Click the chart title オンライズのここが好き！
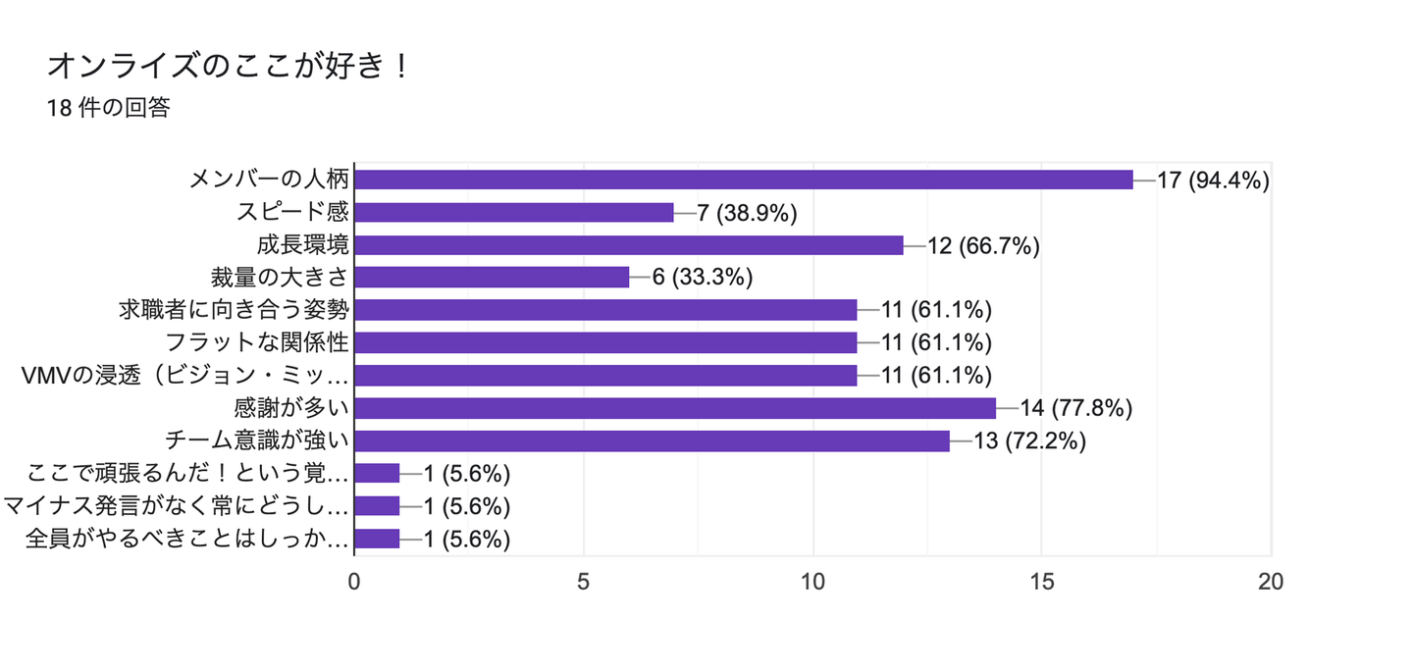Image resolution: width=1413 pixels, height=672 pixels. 228,67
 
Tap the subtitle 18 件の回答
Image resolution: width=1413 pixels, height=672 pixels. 108,109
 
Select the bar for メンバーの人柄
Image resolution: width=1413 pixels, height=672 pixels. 743,180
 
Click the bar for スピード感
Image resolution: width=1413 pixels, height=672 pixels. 513,212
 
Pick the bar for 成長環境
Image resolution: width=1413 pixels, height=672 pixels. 628,245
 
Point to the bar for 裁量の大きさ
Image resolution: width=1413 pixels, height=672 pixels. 491,278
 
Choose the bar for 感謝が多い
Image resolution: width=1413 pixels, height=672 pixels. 674,408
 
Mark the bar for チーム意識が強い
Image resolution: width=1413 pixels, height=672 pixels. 652,440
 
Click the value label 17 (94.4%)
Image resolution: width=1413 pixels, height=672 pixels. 1214,181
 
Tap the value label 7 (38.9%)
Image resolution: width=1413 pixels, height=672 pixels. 746,213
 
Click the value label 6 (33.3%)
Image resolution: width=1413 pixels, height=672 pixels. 702,279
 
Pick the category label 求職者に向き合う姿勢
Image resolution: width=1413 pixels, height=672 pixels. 234,310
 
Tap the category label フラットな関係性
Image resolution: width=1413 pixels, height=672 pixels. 258,342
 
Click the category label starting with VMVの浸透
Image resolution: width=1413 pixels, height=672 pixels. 185,376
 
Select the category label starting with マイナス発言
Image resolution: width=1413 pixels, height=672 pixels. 177,506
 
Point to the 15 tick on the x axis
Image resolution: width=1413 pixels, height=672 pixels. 1042,581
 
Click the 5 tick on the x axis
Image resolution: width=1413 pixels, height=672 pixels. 583,581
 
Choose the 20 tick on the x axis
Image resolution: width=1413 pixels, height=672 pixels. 1271,581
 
